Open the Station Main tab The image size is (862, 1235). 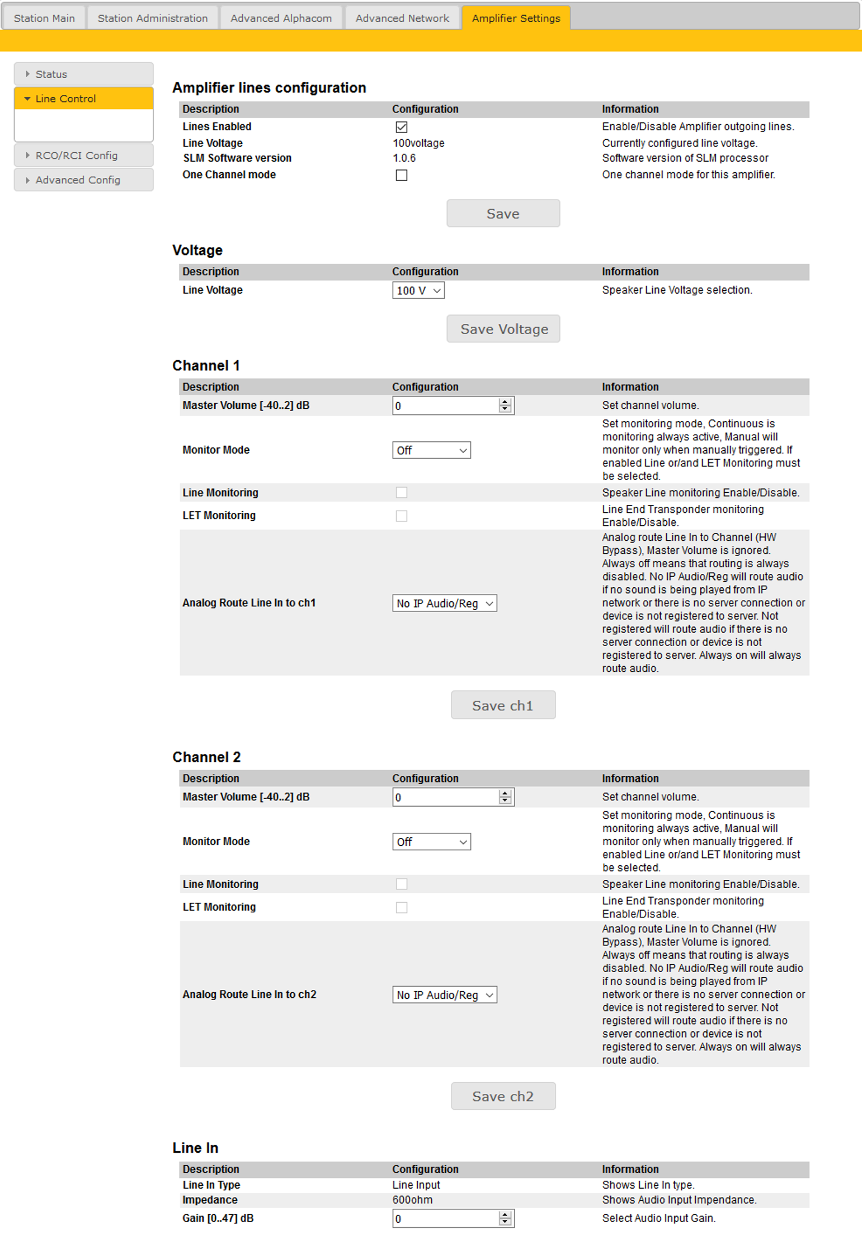pyautogui.click(x=44, y=18)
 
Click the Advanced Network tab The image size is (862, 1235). pyautogui.click(x=402, y=18)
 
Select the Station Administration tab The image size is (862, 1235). pyautogui.click(x=152, y=18)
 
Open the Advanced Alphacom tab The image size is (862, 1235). pyautogui.click(x=281, y=18)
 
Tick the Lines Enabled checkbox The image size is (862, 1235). pyautogui.click(x=401, y=127)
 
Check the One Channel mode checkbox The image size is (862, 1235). pyautogui.click(x=401, y=175)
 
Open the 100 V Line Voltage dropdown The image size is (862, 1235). pyautogui.click(x=418, y=291)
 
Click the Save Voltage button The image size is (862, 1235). pyautogui.click(x=503, y=329)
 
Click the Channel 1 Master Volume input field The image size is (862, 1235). pyautogui.click(x=445, y=406)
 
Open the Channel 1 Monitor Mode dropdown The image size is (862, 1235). pyautogui.click(x=431, y=450)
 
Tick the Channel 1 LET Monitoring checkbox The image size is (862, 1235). pyautogui.click(x=401, y=516)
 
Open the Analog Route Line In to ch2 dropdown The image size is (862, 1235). pyautogui.click(x=444, y=995)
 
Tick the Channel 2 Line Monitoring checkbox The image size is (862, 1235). pyautogui.click(x=401, y=884)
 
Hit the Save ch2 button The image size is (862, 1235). pyautogui.click(x=503, y=1096)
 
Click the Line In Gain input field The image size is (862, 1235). pyautogui.click(x=445, y=1219)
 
